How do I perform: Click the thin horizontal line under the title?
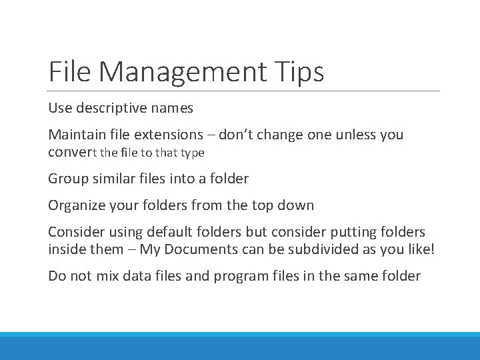244,91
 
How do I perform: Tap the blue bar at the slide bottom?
240,347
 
